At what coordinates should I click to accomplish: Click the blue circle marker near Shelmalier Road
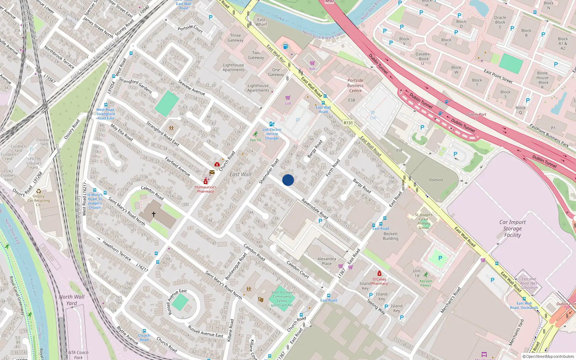pyautogui.click(x=288, y=180)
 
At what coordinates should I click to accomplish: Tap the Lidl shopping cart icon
pyautogui.click(x=288, y=98)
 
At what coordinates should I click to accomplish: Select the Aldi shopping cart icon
pyautogui.click(x=312, y=63)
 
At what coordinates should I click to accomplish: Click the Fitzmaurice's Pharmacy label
pyautogui.click(x=206, y=189)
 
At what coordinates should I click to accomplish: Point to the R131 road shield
pyautogui.click(x=348, y=123)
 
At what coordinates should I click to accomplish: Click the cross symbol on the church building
pyautogui.click(x=154, y=214)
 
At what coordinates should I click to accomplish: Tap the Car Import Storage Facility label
pyautogui.click(x=512, y=229)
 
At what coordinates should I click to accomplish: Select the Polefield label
pyautogui.click(x=436, y=180)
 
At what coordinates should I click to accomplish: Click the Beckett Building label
pyautogui.click(x=391, y=236)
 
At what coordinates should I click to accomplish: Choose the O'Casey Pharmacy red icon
pyautogui.click(x=379, y=274)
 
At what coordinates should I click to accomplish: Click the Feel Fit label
pyautogui.click(x=256, y=140)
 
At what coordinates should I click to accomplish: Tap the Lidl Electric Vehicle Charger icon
pyautogui.click(x=272, y=124)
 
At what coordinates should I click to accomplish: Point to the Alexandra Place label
pyautogui.click(x=327, y=261)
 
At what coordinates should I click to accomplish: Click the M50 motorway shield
pyautogui.click(x=329, y=1)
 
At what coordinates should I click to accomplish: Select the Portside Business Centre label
pyautogui.click(x=355, y=85)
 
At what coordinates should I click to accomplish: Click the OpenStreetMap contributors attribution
pyautogui.click(x=548, y=356)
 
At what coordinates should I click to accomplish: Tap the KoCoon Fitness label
pyautogui.click(x=426, y=283)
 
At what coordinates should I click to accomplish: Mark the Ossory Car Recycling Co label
pyautogui.click(x=39, y=201)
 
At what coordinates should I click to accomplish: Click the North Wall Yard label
pyautogui.click(x=72, y=300)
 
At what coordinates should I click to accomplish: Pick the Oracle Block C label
pyautogui.click(x=500, y=22)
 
